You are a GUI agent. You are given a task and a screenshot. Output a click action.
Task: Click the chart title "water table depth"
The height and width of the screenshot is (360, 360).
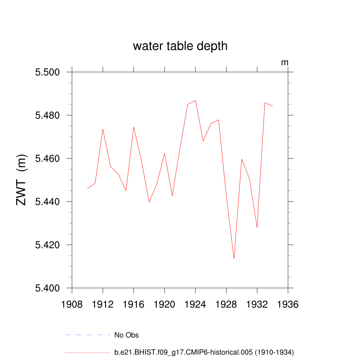[x=180, y=46]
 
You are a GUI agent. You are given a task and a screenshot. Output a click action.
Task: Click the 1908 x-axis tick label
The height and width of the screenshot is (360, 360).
[x=72, y=304]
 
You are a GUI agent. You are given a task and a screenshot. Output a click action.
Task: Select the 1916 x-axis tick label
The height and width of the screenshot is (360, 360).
[x=134, y=304]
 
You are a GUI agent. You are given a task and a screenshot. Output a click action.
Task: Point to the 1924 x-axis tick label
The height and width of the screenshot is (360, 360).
[x=195, y=304]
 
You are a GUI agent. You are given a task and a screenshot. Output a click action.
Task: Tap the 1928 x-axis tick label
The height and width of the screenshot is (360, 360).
[x=226, y=304]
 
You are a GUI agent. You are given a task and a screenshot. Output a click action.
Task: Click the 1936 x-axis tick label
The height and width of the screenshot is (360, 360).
[x=288, y=304]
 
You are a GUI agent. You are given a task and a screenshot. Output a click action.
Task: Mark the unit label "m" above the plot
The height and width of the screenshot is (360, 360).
[x=285, y=63]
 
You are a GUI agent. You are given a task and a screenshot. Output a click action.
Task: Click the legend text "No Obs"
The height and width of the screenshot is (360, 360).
[x=127, y=335]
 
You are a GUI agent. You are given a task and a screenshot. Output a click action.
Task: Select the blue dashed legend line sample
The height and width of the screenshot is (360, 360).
[x=87, y=335]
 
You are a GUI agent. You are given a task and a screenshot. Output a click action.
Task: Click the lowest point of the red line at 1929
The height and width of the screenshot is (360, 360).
[x=234, y=259]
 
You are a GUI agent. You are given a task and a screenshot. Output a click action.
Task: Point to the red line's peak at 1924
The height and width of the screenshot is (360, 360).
[x=195, y=100]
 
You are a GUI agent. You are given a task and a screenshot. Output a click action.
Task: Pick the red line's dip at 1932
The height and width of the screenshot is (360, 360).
[x=257, y=227]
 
